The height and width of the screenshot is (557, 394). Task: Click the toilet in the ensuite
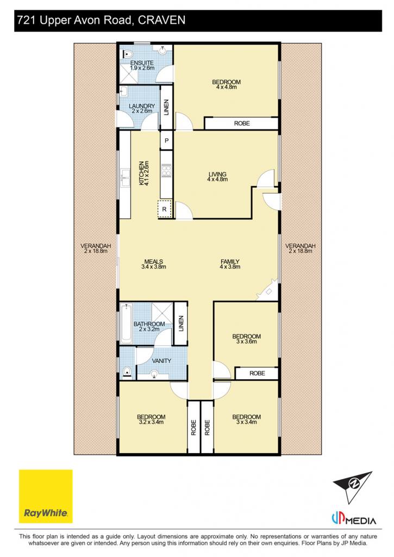click(x=127, y=54)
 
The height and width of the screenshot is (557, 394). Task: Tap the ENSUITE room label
click(x=142, y=63)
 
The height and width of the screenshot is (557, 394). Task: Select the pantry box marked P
click(x=166, y=141)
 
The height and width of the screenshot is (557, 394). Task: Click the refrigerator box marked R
click(x=164, y=209)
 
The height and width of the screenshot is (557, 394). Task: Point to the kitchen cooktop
click(x=166, y=170)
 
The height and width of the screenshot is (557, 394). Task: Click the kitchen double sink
click(x=125, y=178)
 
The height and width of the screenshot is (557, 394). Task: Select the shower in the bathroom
click(x=162, y=313)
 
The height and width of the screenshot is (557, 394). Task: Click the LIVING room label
click(x=217, y=174)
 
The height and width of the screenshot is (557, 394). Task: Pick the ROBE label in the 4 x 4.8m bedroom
click(x=242, y=123)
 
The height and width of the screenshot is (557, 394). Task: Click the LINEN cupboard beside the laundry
click(x=166, y=107)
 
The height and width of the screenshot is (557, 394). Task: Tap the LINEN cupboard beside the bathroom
click(x=181, y=324)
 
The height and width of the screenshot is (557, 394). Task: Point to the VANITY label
click(x=161, y=361)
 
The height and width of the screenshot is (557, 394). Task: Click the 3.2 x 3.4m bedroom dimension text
click(x=151, y=422)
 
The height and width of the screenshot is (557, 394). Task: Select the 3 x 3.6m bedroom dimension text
click(x=246, y=342)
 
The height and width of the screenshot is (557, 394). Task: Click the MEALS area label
click(x=154, y=262)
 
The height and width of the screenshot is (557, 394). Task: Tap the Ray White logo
click(x=46, y=496)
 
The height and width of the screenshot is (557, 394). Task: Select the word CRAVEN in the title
click(x=161, y=20)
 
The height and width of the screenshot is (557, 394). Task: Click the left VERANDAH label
click(x=96, y=246)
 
